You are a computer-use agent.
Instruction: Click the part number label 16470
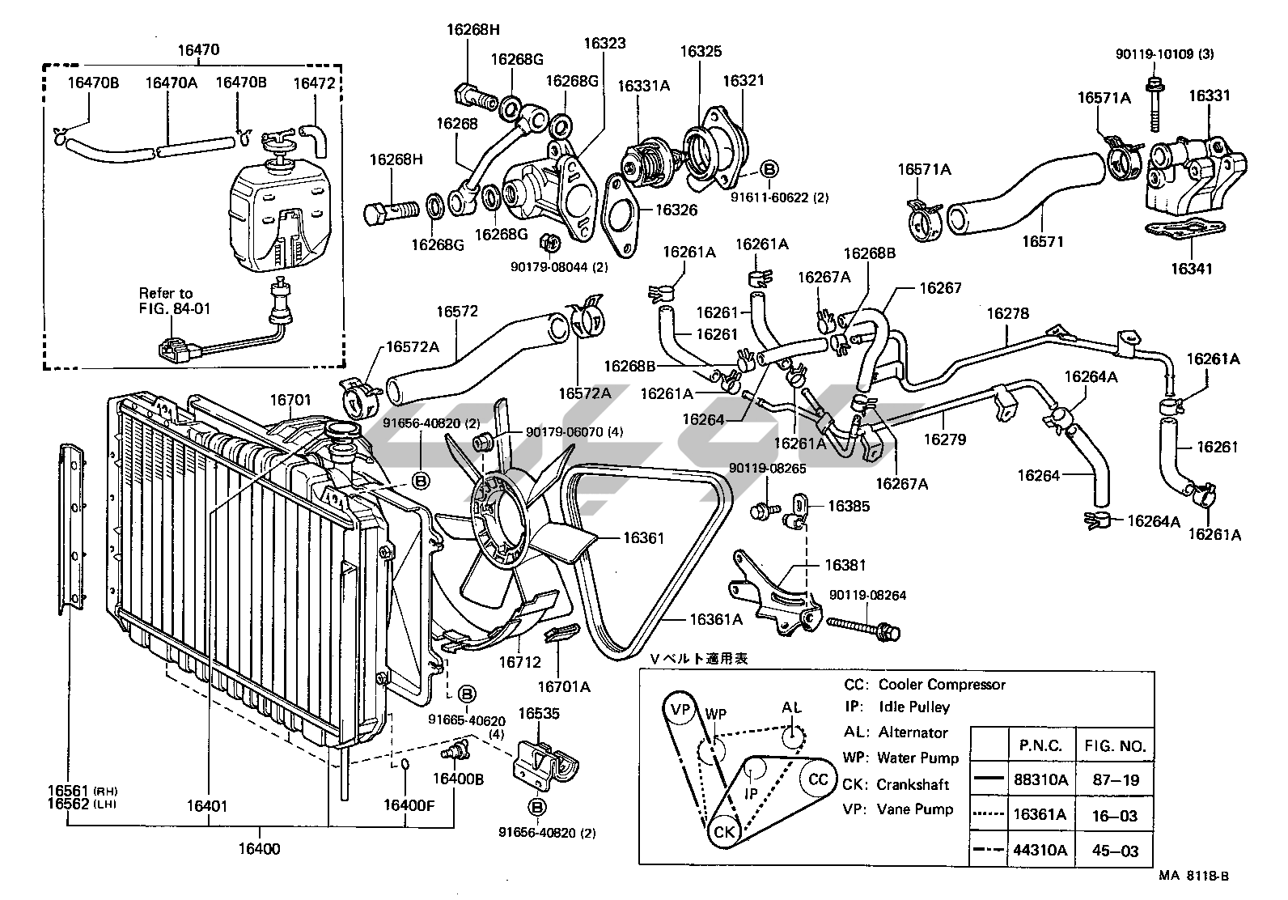click(198, 49)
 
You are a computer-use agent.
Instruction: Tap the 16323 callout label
click(604, 43)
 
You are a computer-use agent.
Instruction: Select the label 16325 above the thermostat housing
click(701, 51)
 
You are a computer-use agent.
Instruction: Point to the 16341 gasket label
click(1192, 269)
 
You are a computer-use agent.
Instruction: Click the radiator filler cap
click(343, 430)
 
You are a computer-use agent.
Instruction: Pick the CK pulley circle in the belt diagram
click(724, 831)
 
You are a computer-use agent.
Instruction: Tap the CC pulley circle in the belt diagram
click(818, 779)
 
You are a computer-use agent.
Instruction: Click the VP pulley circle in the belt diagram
click(680, 710)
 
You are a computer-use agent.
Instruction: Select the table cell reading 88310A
click(1040, 779)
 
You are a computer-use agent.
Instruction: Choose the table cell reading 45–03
click(1115, 850)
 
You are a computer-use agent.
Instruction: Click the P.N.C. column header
click(1040, 746)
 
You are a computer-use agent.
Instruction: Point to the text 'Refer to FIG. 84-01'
click(174, 301)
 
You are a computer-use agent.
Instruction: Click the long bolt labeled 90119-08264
click(863, 627)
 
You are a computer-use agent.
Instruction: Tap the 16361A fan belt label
click(716, 619)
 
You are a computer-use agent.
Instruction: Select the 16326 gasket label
click(676, 210)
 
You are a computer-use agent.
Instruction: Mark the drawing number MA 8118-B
click(1193, 876)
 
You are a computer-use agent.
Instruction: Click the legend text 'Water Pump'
click(917, 758)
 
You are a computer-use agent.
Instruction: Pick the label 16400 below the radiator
click(260, 849)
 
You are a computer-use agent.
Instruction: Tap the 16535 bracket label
click(539, 713)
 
